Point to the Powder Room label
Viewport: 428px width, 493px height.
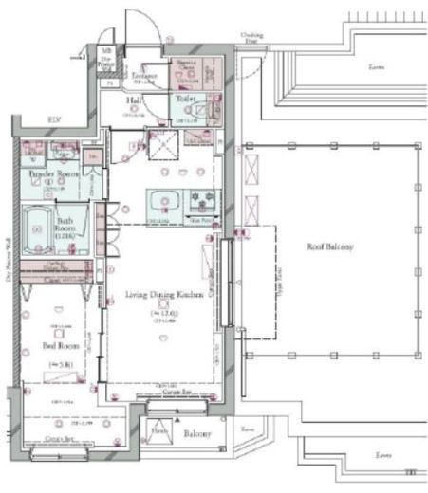click(x=52, y=175)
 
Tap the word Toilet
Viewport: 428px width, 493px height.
click(x=185, y=97)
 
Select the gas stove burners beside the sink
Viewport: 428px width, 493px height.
click(x=204, y=203)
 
